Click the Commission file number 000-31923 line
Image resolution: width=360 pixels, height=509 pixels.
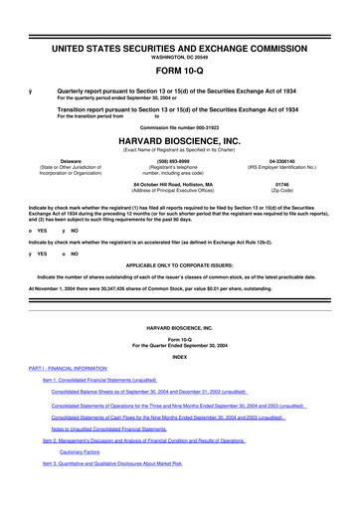click(180, 124)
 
